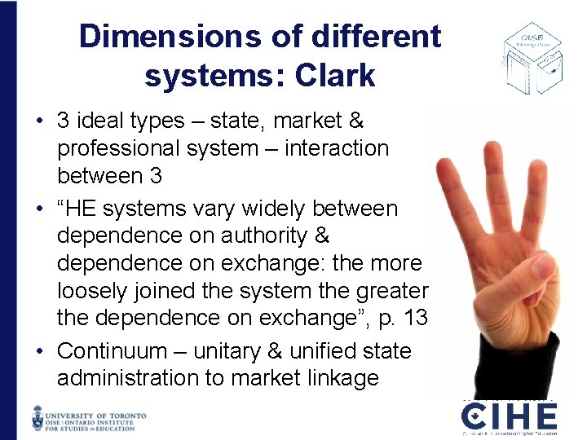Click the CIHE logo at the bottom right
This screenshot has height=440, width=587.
point(509,417)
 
